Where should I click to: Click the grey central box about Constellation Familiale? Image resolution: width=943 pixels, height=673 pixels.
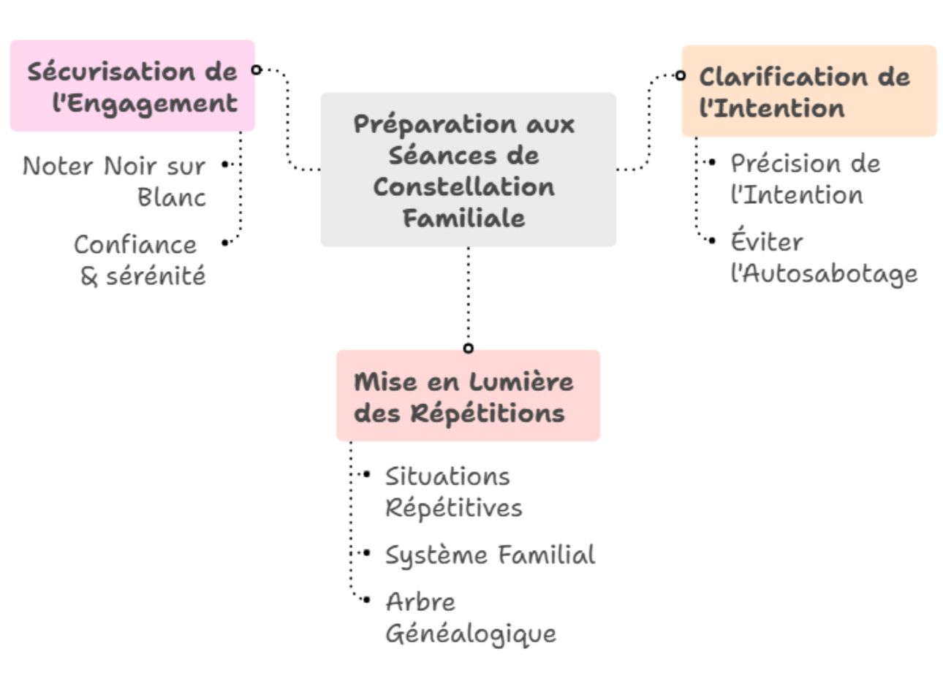click(x=468, y=170)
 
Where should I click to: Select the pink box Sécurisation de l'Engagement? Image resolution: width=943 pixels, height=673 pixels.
click(x=132, y=86)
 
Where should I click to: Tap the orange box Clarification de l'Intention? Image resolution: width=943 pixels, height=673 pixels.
click(x=808, y=91)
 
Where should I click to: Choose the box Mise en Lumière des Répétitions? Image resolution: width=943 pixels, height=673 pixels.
click(x=468, y=395)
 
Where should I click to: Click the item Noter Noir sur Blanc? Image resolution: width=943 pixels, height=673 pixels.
click(x=114, y=181)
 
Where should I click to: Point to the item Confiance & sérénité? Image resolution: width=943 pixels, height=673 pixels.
click(x=140, y=259)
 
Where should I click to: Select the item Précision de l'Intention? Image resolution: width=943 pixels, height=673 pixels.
click(x=805, y=179)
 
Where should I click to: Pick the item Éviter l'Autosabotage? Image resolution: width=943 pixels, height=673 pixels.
click(x=823, y=257)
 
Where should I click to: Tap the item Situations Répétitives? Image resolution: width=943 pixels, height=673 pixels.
click(x=453, y=491)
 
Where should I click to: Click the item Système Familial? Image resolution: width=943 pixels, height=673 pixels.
click(x=490, y=555)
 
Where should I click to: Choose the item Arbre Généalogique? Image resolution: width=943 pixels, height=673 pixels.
click(x=470, y=617)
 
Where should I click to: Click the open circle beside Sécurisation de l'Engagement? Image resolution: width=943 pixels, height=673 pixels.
click(x=256, y=69)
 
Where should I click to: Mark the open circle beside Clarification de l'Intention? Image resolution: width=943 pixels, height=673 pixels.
click(x=681, y=75)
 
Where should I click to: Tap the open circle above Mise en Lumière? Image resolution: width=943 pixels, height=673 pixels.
click(x=469, y=348)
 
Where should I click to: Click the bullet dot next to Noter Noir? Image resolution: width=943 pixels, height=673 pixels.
click(x=224, y=165)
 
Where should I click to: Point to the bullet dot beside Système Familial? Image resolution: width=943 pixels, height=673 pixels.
click(x=366, y=554)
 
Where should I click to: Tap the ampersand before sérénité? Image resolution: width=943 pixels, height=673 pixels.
click(x=90, y=276)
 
